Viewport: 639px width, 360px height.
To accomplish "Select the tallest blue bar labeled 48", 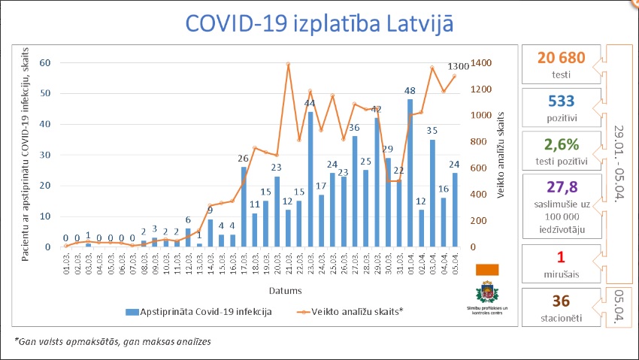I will (410, 173).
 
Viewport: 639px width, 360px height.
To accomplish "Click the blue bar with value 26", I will (244, 207).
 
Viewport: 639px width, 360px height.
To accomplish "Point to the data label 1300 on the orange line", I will (458, 67).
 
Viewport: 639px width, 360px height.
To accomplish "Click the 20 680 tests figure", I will (560, 57).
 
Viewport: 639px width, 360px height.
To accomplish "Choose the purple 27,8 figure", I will (560, 186).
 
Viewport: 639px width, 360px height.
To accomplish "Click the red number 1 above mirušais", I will (560, 259).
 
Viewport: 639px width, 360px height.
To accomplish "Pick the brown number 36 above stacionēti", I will (560, 302).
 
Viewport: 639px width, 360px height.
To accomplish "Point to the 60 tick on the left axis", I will (44, 63).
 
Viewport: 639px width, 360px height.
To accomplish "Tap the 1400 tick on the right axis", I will (482, 63).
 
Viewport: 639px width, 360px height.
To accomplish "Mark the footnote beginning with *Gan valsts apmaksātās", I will (113, 342).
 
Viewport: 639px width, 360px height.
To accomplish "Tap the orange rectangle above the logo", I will (487, 269).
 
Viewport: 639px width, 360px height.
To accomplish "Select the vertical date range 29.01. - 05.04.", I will (619, 162).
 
